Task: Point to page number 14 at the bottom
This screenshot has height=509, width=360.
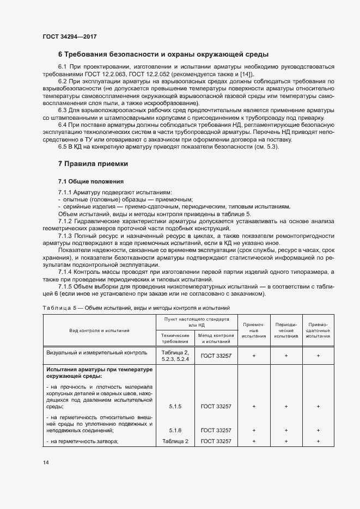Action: pyautogui.click(x=45, y=463)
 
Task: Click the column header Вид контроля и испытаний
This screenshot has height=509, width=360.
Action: pyautogui.click(x=99, y=330)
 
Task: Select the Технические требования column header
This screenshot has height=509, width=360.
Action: pyautogui.click(x=175, y=338)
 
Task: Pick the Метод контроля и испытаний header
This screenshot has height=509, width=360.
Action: pyautogui.click(x=216, y=338)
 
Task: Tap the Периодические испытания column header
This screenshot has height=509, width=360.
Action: pyautogui.click(x=286, y=330)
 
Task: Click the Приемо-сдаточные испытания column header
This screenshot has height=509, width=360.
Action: pyautogui.click(x=318, y=330)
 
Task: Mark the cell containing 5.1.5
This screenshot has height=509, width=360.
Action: pyautogui.click(x=175, y=406)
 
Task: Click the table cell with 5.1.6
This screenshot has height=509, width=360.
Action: pyautogui.click(x=175, y=430)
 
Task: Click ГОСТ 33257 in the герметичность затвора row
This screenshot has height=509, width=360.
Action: pyautogui.click(x=216, y=441)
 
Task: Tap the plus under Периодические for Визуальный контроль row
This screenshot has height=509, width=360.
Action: pyautogui.click(x=286, y=355)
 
